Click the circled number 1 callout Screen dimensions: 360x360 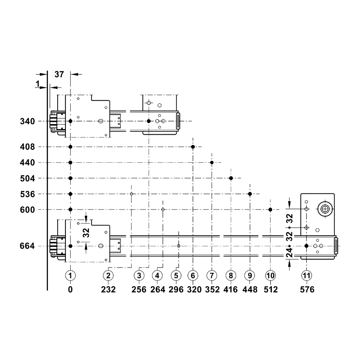click(71, 275)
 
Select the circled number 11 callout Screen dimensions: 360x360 click(307, 275)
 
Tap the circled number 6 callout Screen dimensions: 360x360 click(193, 275)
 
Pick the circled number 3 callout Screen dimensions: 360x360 click(139, 275)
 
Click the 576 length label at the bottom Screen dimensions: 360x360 click(307, 289)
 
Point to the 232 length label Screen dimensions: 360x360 click(108, 289)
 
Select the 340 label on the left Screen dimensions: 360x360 click(27, 121)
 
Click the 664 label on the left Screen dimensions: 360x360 click(27, 246)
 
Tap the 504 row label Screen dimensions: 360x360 click(27, 179)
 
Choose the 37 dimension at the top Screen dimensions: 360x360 click(59, 75)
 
